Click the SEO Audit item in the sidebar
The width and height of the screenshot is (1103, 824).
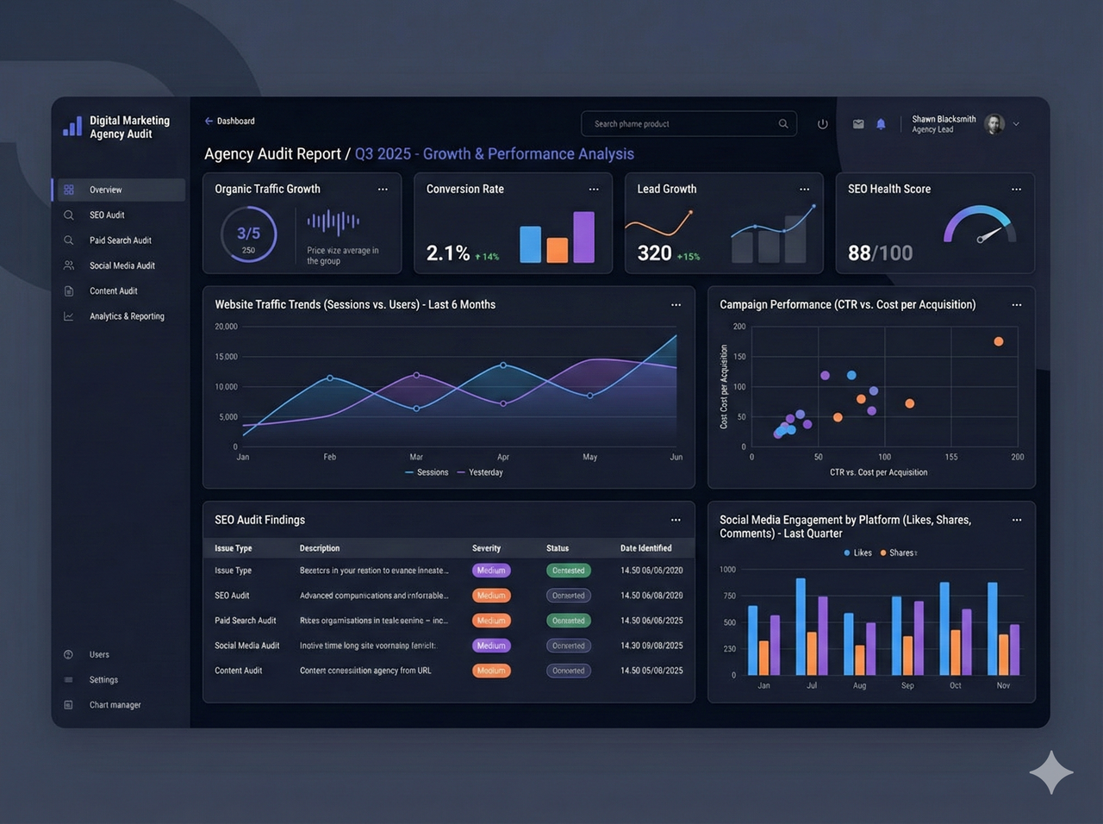(107, 215)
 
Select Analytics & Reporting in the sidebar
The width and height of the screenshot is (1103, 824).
(127, 316)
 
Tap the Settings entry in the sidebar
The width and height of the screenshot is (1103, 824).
(103, 680)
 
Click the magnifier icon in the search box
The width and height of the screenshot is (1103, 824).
(783, 124)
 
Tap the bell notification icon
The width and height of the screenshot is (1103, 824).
(881, 124)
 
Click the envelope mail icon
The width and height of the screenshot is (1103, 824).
(858, 124)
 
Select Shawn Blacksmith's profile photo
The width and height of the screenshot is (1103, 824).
(994, 124)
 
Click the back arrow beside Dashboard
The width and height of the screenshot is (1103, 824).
(209, 122)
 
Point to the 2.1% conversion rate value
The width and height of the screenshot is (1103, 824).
(448, 253)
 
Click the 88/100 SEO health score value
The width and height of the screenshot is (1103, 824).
(880, 253)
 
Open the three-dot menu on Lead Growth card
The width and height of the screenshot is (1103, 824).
(804, 190)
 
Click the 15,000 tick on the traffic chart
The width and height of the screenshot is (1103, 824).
(226, 357)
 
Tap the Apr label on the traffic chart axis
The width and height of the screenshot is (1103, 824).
(503, 457)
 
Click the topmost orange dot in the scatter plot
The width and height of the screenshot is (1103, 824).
(999, 341)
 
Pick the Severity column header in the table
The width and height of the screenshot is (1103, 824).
(486, 548)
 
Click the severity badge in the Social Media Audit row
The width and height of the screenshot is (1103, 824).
(491, 646)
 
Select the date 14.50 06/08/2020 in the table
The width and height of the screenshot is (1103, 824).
(651, 596)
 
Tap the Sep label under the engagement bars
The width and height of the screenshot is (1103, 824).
(907, 686)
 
